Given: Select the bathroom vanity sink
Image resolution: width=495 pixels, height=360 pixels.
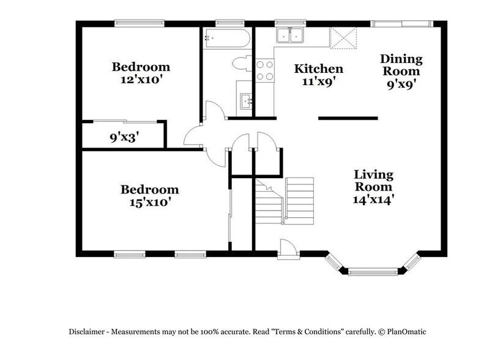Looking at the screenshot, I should pos(245,100).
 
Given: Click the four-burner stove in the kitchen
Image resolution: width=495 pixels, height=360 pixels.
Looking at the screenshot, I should pos(264,70).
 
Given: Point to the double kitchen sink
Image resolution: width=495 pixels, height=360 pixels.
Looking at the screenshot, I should pos(290,36).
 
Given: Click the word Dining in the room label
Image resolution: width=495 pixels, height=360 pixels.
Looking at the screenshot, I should pos(401,59).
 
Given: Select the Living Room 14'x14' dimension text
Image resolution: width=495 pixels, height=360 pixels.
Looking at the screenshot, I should pos(373,198).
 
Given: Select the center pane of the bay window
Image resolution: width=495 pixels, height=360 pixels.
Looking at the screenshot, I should pos(373,269).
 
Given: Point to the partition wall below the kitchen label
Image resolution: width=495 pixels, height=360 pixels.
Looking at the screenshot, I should pos(348,118).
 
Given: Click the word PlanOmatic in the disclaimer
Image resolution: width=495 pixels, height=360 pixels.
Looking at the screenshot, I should pos(404,331).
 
